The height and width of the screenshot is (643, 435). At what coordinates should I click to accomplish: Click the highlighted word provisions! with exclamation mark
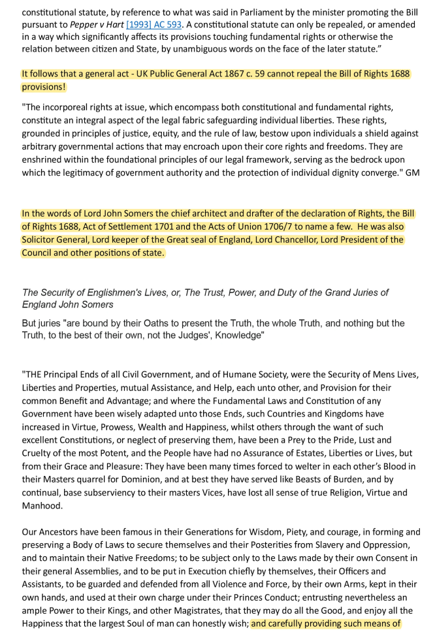[x=44, y=87]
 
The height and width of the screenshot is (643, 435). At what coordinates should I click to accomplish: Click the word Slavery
[x=322, y=545]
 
